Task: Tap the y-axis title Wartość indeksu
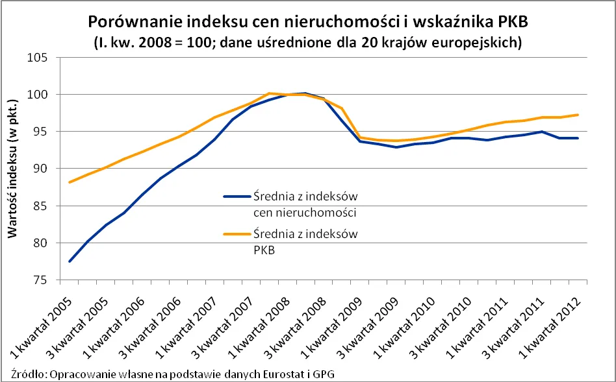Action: pyautogui.click(x=12, y=169)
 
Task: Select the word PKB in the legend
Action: pyautogui.click(x=264, y=249)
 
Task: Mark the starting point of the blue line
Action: pyautogui.click(x=70, y=261)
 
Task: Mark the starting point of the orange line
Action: pyautogui.click(x=70, y=182)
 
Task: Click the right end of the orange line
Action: pyautogui.click(x=578, y=115)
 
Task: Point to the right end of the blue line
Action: pyautogui.click(x=578, y=138)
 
